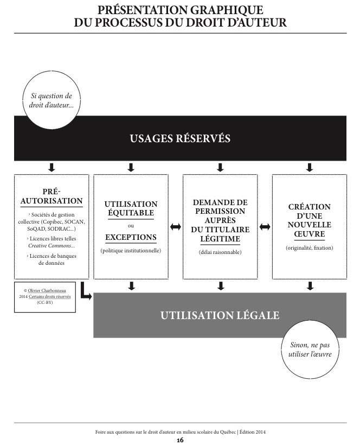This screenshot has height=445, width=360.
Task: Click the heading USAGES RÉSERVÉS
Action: click(180, 138)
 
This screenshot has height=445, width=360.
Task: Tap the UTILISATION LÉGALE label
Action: click(220, 315)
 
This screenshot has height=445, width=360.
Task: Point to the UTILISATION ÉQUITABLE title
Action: click(131, 209)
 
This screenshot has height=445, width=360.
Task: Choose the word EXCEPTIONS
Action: click(131, 237)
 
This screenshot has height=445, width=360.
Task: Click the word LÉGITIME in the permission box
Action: click(220, 239)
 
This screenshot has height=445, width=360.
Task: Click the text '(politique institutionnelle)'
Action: click(131, 251)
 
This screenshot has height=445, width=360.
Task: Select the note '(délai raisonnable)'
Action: click(220, 252)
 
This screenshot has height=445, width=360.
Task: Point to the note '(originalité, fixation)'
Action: click(309, 248)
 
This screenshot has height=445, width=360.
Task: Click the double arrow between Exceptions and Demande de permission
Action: click(175, 227)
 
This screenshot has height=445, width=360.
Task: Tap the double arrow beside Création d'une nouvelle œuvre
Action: click(265, 227)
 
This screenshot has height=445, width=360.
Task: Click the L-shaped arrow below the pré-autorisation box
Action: click(85, 292)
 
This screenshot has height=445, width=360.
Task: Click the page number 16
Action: click(180, 440)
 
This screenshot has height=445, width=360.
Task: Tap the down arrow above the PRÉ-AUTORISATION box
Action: click(51, 167)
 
